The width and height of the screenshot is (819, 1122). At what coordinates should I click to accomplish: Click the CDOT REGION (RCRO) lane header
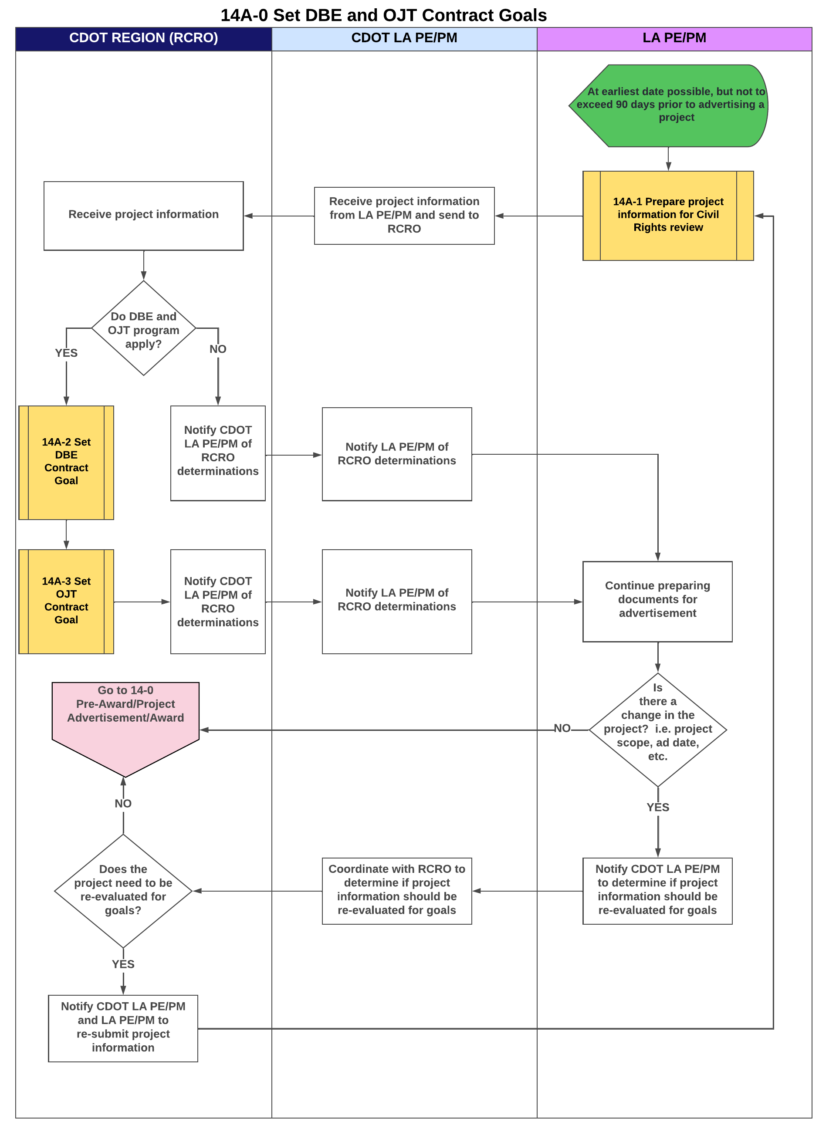point(143,38)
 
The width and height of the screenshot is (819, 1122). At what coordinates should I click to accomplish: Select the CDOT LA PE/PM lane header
point(403,38)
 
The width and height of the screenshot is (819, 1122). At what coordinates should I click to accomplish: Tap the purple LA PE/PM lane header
point(674,38)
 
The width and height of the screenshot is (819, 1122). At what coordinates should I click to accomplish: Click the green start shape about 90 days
point(669,105)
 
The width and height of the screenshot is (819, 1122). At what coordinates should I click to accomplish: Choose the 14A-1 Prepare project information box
point(668,215)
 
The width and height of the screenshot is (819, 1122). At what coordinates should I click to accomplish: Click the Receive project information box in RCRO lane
point(143,215)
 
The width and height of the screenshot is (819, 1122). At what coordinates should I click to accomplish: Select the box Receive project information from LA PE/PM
point(403,215)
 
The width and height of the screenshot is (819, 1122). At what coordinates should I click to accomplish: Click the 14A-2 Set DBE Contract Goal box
point(66,462)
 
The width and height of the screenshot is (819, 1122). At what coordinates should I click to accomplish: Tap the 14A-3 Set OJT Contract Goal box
point(66,601)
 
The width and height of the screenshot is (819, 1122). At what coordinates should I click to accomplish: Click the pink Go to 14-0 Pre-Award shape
point(125,719)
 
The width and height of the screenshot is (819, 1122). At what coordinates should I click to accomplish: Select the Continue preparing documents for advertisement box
point(657,601)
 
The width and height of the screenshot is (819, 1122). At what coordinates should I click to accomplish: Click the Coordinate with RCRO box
point(396,890)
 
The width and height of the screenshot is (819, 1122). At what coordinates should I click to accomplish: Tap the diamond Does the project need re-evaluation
point(123,890)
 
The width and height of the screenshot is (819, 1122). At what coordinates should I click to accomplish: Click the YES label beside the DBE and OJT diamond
point(66,353)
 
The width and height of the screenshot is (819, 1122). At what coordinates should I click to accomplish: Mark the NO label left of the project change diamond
point(562,727)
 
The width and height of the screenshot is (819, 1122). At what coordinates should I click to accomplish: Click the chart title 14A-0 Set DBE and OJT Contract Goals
point(383,15)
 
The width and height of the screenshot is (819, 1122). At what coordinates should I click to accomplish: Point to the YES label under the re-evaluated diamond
point(123,963)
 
